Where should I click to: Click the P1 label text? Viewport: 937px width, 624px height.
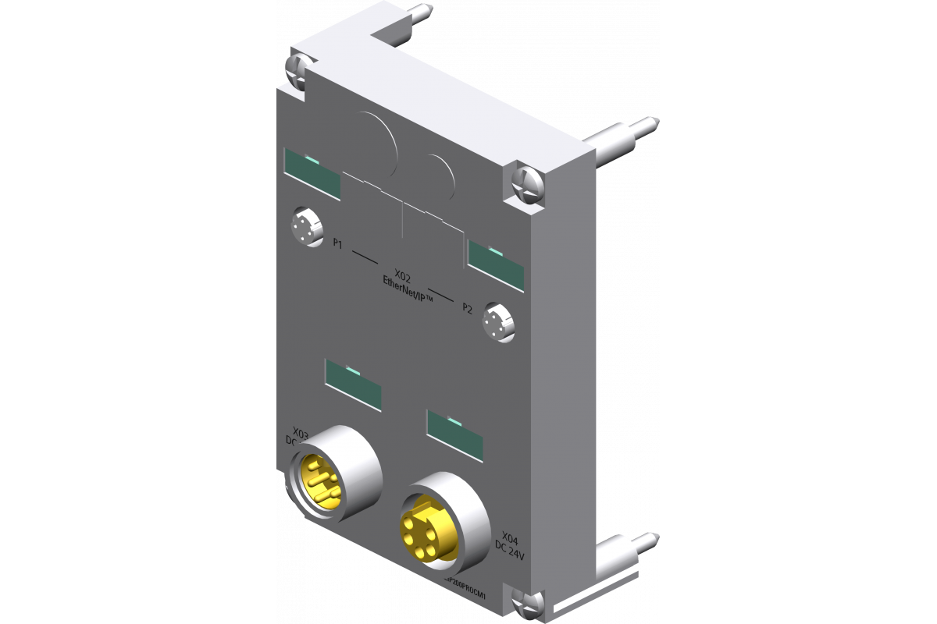pos(337,244)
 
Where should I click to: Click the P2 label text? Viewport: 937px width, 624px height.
pos(467,308)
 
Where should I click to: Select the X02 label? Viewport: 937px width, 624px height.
pos(404,275)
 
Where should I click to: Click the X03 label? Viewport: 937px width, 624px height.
pos(300,431)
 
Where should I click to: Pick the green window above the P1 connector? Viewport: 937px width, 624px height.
pos(312,174)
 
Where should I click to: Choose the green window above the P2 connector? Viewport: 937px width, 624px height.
pos(497,264)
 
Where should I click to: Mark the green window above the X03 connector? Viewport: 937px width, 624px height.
pos(354,385)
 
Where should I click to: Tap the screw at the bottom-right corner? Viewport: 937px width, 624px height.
pos(530,601)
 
